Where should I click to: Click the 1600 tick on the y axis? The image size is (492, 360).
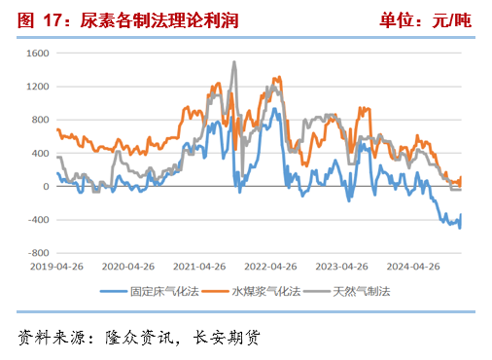pyautogui.click(x=37, y=54)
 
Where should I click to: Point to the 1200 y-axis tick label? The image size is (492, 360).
pyautogui.click(x=37, y=87)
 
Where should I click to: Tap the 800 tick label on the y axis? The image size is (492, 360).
pyautogui.click(x=39, y=120)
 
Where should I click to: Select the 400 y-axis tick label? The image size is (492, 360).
pyautogui.click(x=39, y=154)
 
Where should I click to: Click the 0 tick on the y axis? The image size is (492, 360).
pyautogui.click(x=45, y=187)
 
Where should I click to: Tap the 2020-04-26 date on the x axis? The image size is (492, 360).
pyautogui.click(x=128, y=266)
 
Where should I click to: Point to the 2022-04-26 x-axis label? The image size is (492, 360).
pyautogui.click(x=269, y=266)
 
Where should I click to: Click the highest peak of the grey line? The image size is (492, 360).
pyautogui.click(x=233, y=62)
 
